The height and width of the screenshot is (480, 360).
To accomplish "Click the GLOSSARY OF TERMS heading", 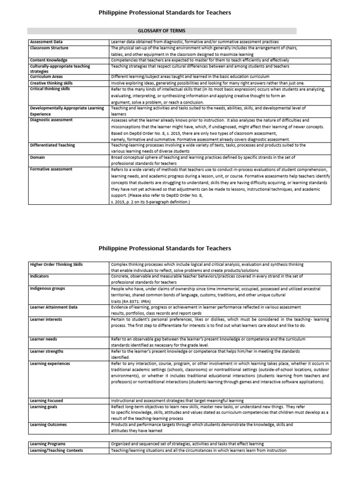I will pyautogui.click(x=161, y=31).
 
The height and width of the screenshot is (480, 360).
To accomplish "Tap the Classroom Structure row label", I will pyautogui.click(x=49, y=48).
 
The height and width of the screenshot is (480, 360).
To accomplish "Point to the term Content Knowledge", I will pyautogui.click(x=49, y=60).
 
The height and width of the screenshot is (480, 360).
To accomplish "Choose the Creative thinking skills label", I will pyautogui.click(x=52, y=82).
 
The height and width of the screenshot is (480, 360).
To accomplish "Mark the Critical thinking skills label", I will pyautogui.click(x=51, y=89).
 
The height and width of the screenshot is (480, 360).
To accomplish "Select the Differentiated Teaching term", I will pyautogui.click(x=52, y=145).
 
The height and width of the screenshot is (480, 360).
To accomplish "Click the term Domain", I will pyautogui.click(x=38, y=157).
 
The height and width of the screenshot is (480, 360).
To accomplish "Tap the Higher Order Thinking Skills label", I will pyautogui.click(x=56, y=264).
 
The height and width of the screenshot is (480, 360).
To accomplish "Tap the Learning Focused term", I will pyautogui.click(x=47, y=401).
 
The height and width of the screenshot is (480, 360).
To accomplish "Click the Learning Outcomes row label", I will pyautogui.click(x=48, y=425).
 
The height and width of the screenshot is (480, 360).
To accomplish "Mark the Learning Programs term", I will pyautogui.click(x=48, y=443).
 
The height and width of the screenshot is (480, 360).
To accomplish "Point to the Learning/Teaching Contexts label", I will pyautogui.click(x=56, y=450).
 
